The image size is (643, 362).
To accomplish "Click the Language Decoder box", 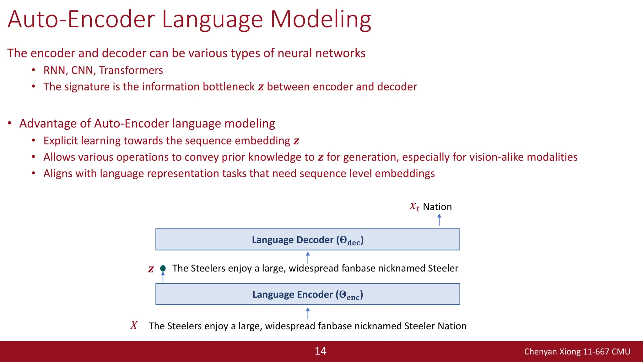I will coord(308,239).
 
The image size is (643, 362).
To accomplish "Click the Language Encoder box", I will coord(308,294).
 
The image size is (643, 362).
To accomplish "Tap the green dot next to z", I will coord(163,268).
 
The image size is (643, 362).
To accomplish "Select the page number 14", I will coord(321,351).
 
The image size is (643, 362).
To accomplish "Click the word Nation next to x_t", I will coord(437,207).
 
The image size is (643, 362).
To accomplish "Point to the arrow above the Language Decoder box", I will coord(439,220).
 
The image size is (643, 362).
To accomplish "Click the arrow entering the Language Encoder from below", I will coord(308,313).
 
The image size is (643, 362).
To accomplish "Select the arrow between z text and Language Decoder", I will coord(308,257).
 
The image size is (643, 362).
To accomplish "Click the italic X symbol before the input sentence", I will coord(134,325).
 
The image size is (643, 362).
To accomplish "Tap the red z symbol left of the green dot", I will coord(151,269).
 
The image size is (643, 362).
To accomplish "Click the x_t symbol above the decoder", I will coord(414,206).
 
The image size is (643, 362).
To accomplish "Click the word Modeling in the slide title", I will coord(321,19).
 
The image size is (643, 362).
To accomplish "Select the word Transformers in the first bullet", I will coord(131,70).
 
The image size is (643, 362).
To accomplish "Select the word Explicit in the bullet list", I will coord(60,141).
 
